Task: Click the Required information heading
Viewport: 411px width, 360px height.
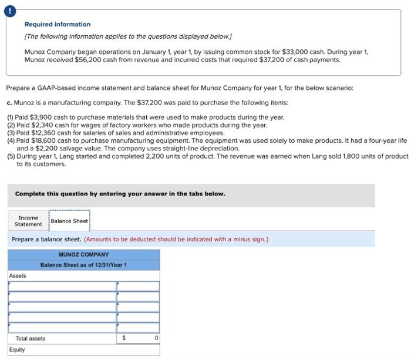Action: coord(58,24)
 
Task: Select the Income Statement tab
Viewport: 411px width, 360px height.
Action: coord(28,221)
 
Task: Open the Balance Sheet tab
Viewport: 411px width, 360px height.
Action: coord(69,221)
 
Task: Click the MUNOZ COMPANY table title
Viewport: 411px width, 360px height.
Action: coord(83,255)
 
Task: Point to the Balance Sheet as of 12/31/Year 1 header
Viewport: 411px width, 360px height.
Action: coord(83,265)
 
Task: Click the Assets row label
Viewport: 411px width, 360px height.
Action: coord(18,275)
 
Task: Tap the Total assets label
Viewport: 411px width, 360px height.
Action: coord(31,338)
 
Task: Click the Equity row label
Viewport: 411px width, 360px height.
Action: coord(18,350)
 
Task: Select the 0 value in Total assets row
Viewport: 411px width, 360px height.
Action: coord(156,338)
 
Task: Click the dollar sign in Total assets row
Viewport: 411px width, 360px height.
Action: coord(124,338)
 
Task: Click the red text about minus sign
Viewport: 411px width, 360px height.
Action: coord(176,240)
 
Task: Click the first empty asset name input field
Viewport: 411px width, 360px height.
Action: coord(62,286)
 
